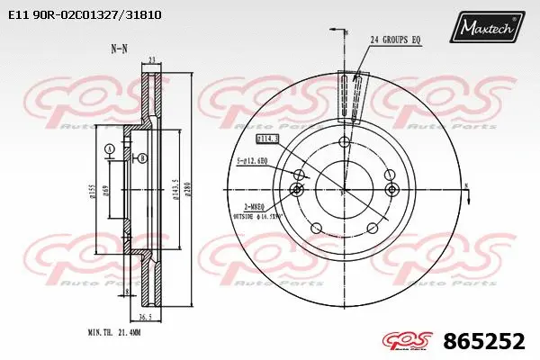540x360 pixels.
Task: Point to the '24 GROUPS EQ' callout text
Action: [x=396, y=40]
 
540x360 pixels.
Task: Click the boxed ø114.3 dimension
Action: [x=268, y=139]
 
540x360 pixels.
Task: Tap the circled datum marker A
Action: [x=109, y=148]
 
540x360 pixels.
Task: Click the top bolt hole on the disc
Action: [x=344, y=142]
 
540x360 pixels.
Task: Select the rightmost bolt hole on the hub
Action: [x=391, y=189]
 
